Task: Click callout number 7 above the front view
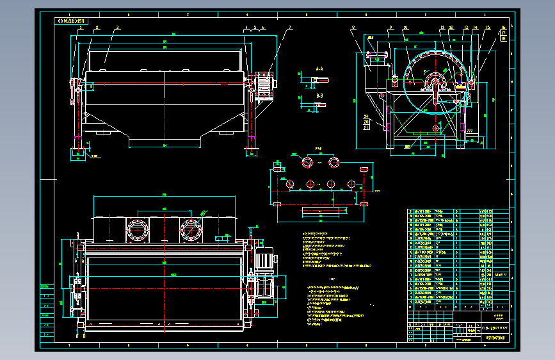click(289, 28)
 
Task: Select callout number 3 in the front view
click(118, 28)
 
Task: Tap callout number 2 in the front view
click(97, 28)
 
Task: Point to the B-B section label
click(319, 95)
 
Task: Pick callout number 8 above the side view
click(353, 28)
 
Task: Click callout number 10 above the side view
click(405, 28)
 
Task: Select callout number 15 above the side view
click(488, 28)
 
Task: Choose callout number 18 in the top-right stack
click(503, 39)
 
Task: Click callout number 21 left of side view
click(366, 127)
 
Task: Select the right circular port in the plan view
click(191, 228)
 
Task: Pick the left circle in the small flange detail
click(308, 161)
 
